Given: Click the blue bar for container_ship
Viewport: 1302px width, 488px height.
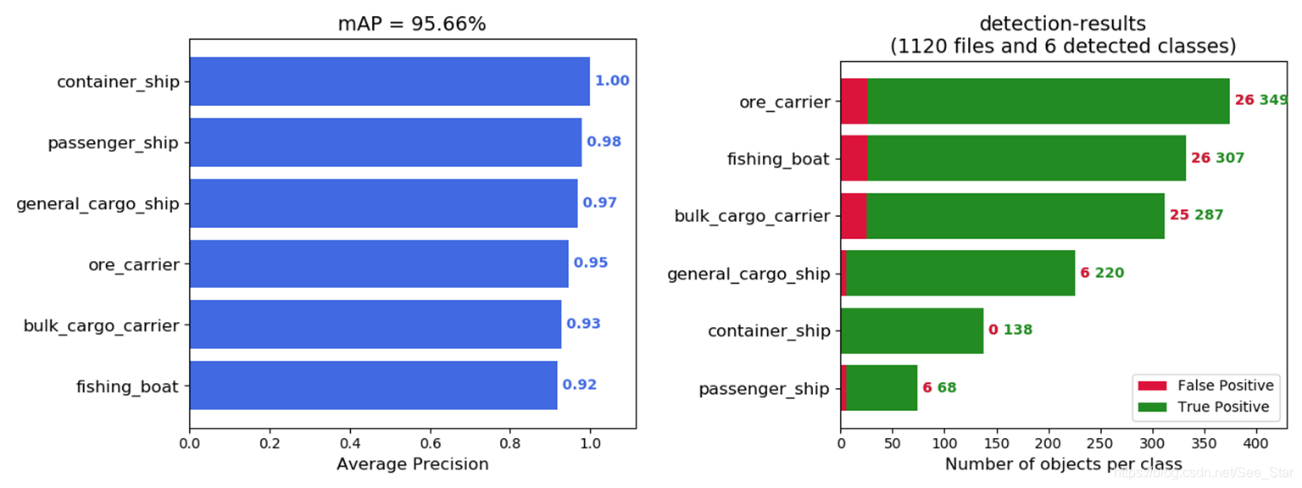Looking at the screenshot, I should (x=389, y=81).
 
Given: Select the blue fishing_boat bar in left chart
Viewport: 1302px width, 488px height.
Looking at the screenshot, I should (x=373, y=385).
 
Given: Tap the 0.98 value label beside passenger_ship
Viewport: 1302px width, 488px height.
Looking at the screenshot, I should (x=604, y=141).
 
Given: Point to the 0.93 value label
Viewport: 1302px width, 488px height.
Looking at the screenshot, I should (x=583, y=324).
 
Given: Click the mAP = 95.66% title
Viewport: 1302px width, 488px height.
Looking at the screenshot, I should (x=412, y=24).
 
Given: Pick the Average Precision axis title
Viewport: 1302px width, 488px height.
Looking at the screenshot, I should (x=412, y=464).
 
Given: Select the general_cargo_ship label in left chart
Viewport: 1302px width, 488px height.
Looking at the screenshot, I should (x=98, y=203).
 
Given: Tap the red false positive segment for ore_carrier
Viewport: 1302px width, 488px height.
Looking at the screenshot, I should (x=854, y=100).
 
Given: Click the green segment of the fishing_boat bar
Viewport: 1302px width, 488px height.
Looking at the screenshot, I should (x=1026, y=158).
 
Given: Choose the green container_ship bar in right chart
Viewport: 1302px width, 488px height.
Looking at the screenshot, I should (x=911, y=330).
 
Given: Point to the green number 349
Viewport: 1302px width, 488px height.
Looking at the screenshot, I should (x=1273, y=100).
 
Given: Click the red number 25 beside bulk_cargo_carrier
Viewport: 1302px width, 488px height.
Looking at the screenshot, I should (x=1179, y=215).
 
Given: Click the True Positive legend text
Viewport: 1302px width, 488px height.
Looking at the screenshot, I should (x=1223, y=407).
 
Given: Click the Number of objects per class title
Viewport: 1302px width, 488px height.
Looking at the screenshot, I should (x=1063, y=464).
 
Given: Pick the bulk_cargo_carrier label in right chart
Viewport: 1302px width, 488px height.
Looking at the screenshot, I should (x=752, y=216).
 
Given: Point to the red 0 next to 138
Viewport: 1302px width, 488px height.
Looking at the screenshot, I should (x=993, y=330).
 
